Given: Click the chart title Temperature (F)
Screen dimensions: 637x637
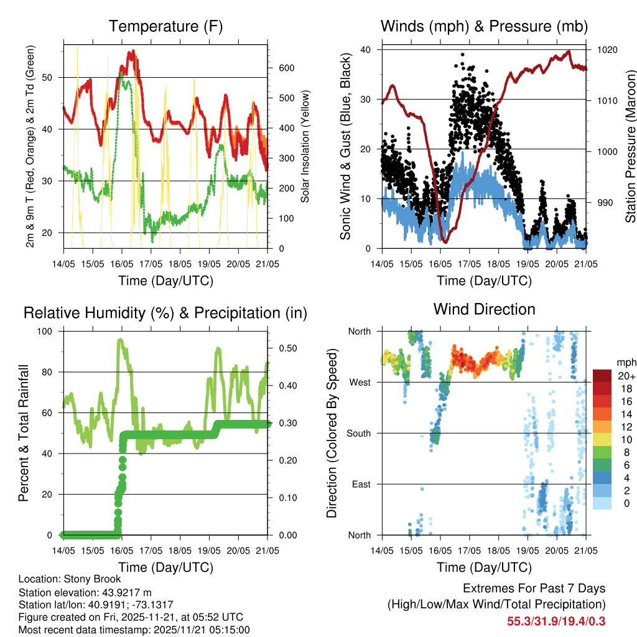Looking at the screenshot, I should coord(165,27).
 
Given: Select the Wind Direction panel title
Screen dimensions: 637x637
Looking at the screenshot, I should coord(484,309).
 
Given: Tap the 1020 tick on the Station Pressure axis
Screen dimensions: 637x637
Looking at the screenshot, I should coord(606,50).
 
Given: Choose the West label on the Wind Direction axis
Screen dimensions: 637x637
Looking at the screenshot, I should coord(360,382).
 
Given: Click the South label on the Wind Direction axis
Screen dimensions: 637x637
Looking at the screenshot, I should coord(358,433).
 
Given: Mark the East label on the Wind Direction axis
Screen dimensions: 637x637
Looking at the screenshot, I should coord(361,484).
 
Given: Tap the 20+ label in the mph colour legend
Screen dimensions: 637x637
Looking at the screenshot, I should coord(625,376).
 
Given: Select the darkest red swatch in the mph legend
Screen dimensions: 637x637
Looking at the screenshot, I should coord(602,376).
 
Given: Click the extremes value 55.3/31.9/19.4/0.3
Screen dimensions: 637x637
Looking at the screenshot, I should coord(556,621).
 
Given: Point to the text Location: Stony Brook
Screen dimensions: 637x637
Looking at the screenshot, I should coord(70,579).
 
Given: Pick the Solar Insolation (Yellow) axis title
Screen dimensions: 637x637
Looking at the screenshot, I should coord(305,146).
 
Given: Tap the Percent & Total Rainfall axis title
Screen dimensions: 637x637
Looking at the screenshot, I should coord(23,433).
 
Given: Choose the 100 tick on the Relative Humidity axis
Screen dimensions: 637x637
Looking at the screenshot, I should coord(49,332).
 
